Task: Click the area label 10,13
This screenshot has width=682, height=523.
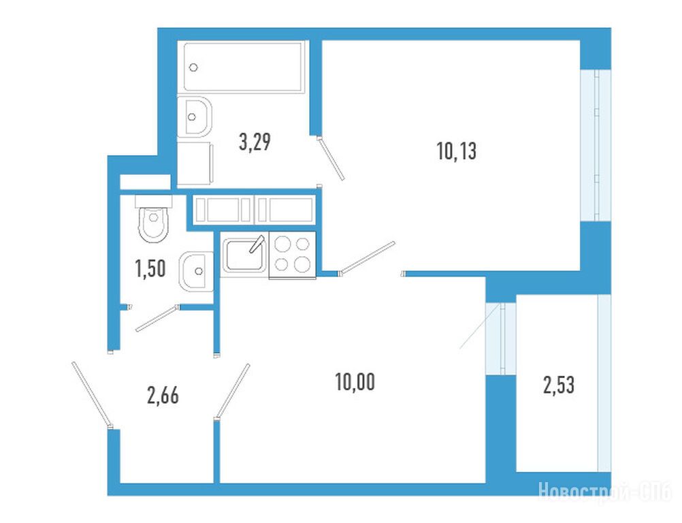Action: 456,151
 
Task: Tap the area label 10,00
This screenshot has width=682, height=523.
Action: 355,382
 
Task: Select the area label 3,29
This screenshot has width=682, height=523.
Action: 255,142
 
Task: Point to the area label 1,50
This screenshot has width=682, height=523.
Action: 150,268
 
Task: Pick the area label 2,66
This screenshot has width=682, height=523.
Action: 163,396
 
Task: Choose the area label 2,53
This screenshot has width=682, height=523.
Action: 559,385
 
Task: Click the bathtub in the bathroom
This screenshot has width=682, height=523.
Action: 244,67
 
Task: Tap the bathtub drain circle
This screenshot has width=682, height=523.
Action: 194,67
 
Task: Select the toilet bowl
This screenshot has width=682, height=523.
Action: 154,223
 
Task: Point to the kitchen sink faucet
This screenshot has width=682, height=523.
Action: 257,244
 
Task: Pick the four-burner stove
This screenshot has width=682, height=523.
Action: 292,255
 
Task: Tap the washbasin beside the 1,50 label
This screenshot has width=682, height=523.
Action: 196,271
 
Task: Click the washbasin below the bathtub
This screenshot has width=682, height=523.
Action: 195,116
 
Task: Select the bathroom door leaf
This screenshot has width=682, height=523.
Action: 331,159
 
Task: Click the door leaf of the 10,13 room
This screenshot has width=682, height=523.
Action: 368,258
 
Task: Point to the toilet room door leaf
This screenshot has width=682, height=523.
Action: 157,319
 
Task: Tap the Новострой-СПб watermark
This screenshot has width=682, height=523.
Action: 606,492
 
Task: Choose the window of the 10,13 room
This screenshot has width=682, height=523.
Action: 596,145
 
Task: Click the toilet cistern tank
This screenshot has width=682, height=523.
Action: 154,201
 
